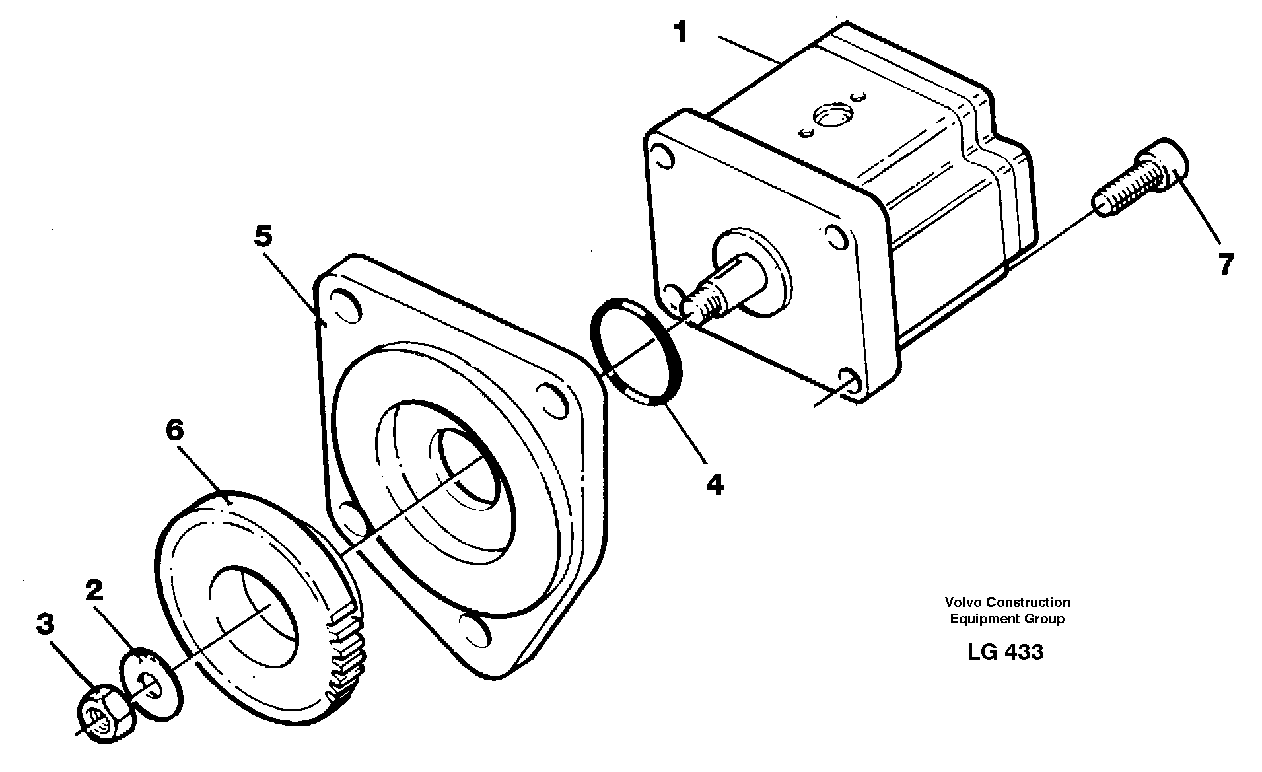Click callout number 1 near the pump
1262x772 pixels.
[x=680, y=32]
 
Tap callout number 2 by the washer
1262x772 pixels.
[x=94, y=590]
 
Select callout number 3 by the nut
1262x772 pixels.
[x=45, y=623]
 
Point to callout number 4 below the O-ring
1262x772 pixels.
[x=715, y=485]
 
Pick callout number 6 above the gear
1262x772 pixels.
[x=174, y=431]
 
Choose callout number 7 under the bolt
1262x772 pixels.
[x=1225, y=265]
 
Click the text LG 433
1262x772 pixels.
[x=1005, y=652]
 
